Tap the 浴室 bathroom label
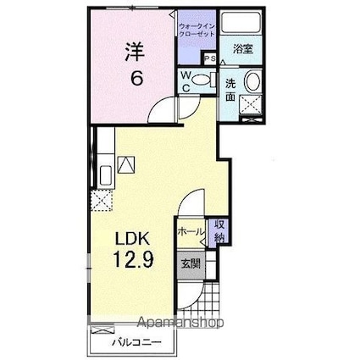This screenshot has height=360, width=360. [x=243, y=49]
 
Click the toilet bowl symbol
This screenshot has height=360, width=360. [x=202, y=81]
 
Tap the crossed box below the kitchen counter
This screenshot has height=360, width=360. [x=102, y=201]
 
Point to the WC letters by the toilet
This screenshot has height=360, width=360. [x=186, y=81]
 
